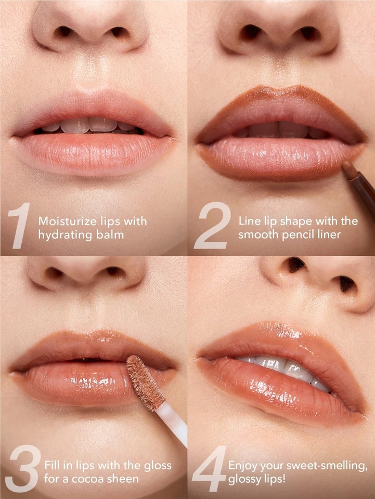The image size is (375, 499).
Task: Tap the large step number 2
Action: click(212, 228)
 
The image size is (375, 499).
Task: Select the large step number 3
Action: click(21, 470)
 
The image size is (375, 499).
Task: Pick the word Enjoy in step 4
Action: click(243, 465)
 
